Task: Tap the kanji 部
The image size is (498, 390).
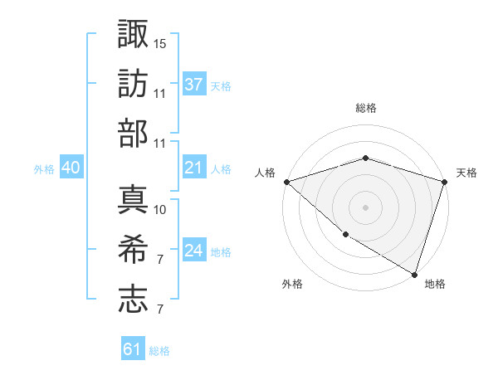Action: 134,134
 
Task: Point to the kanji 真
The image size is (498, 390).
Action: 134,199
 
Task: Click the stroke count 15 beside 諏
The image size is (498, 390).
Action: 160,43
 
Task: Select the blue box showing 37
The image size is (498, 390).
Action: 194,84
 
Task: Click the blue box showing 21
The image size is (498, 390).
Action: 194,168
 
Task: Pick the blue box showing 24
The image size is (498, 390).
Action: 194,251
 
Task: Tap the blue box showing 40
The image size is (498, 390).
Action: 71,168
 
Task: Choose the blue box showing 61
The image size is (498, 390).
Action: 133,349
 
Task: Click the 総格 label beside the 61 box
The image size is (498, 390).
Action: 159,351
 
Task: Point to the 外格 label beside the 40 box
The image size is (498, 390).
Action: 44,169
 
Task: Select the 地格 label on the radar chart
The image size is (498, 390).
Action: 435,284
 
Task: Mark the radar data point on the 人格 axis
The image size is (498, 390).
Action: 286,181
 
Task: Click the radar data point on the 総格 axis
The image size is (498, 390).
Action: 365,158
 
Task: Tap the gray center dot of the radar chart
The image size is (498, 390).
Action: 365,207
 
